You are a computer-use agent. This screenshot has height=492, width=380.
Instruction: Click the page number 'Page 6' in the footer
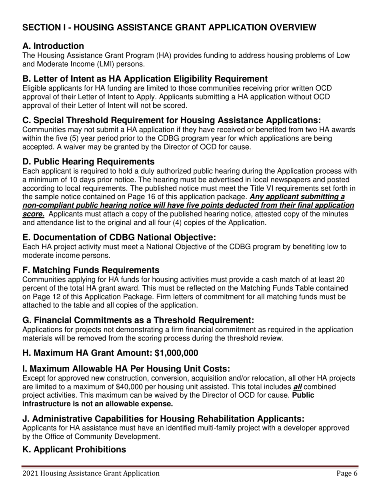coord(346,474)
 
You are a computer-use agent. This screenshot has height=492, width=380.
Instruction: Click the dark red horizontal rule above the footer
coord(190,466)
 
